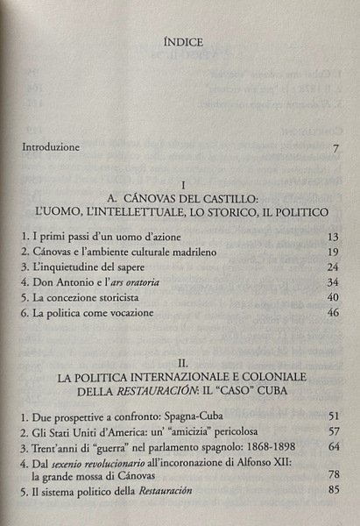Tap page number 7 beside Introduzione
335,147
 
